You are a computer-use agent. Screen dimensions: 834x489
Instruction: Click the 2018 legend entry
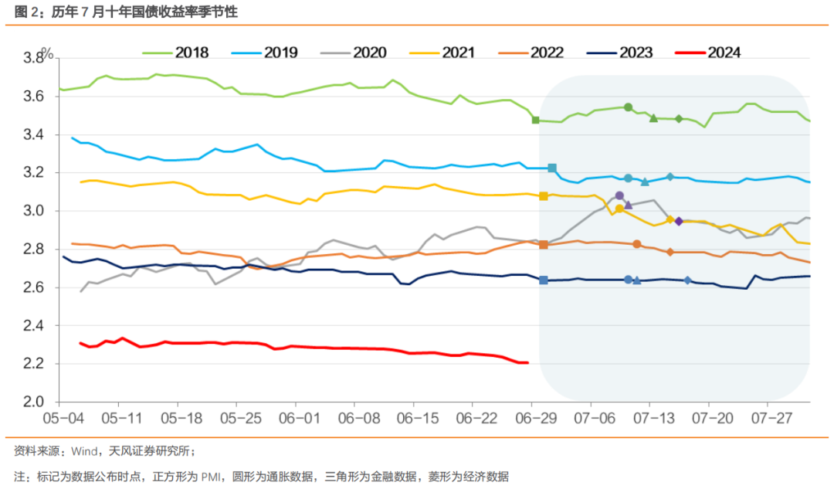coord(175,53)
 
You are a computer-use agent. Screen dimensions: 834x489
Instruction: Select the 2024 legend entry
coord(708,53)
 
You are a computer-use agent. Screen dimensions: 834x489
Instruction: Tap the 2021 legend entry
coord(442,53)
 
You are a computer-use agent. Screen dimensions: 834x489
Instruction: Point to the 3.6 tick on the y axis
coord(33,97)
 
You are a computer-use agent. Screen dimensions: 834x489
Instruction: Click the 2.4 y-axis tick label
coord(33,326)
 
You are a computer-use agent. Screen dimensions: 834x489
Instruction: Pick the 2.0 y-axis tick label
coord(33,402)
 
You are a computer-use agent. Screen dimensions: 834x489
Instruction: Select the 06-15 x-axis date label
coord(418,418)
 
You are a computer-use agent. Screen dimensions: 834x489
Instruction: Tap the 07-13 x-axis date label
coord(654,418)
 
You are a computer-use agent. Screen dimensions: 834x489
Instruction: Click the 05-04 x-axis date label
coord(63,418)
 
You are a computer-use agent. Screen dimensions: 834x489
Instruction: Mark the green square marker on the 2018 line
coord(536,121)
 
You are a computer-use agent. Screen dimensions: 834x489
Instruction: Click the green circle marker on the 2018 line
coord(628,107)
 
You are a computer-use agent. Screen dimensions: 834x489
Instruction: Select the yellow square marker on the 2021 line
coord(544,196)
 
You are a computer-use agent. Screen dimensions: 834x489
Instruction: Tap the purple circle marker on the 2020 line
coord(619,195)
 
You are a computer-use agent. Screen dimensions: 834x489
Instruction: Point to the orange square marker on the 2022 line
coord(544,245)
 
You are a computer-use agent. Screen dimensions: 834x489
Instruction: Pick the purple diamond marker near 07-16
coord(679,222)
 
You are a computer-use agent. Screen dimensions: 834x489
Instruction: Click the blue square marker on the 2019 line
coord(552,168)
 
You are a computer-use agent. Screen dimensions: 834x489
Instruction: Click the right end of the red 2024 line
coord(527,363)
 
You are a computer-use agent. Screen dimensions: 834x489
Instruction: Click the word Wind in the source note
coord(84,452)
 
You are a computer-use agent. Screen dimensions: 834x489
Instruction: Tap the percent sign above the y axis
coord(48,54)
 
